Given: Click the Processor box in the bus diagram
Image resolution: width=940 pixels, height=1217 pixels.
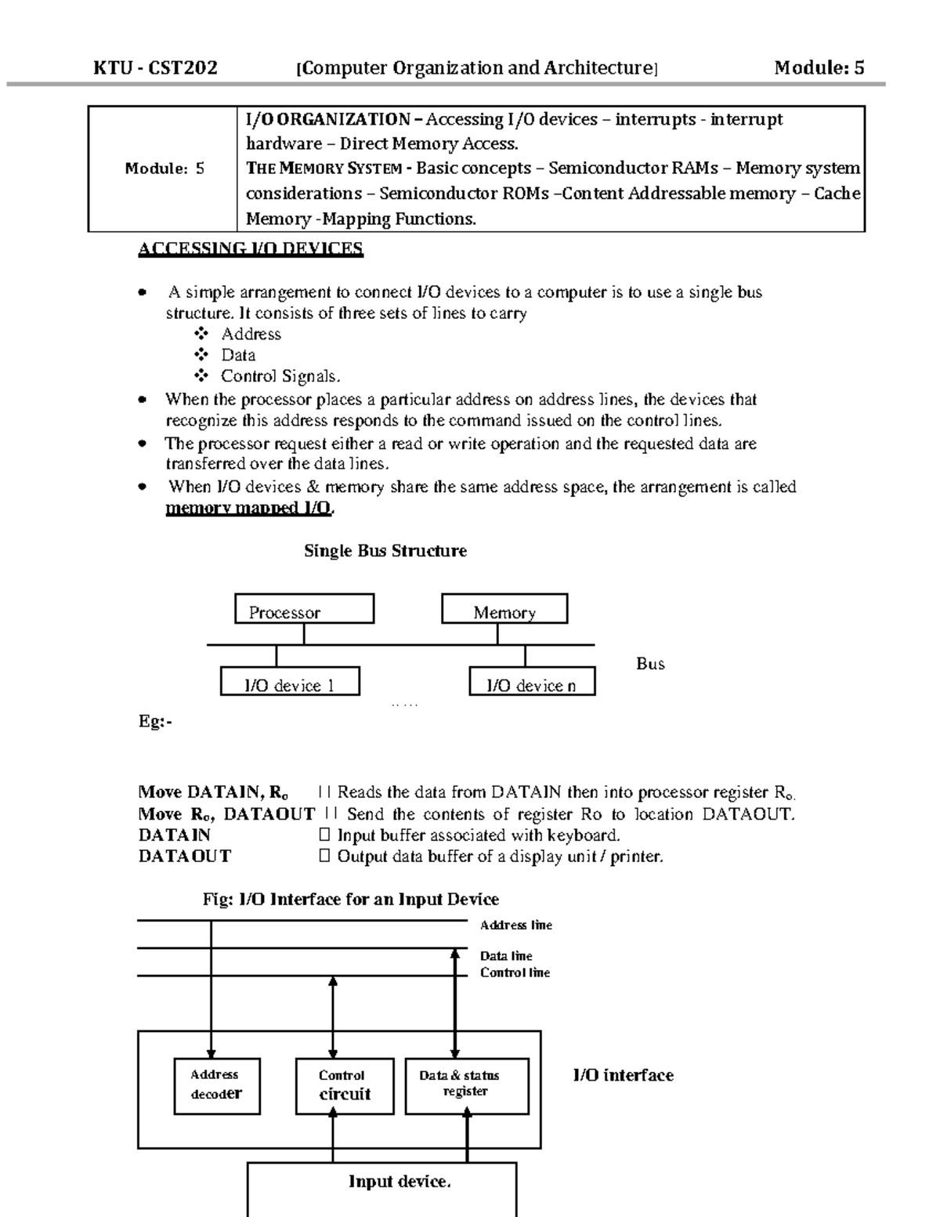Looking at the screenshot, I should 304,609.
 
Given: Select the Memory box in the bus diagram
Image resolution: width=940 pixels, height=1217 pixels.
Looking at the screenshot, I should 504,609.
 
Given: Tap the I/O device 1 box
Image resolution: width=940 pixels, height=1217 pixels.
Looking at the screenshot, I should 290,682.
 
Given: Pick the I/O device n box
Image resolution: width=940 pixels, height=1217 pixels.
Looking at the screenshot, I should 532,682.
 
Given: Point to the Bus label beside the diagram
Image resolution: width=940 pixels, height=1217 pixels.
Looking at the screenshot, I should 650,664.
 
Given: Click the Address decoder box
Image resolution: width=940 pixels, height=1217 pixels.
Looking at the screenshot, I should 216,1085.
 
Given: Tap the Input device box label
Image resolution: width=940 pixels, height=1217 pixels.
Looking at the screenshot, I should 399,1181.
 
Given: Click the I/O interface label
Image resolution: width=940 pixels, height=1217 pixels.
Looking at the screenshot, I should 623,1075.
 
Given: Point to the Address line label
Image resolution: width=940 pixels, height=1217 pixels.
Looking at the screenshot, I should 515,925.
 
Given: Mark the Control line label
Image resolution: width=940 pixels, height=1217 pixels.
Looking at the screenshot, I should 515,973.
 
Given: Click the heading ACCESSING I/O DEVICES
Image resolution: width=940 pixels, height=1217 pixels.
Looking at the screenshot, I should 250,249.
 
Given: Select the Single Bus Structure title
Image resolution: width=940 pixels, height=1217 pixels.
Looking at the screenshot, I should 385,551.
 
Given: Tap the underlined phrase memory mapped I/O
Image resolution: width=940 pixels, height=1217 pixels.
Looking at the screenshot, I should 249,509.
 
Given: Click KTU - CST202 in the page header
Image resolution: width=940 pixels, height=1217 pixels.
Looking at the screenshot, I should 155,67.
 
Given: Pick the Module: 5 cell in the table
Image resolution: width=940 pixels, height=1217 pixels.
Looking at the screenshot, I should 164,168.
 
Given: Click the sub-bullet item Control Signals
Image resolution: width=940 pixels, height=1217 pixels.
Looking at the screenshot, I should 280,376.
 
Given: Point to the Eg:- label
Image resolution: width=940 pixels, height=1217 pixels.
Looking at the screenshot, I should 155,722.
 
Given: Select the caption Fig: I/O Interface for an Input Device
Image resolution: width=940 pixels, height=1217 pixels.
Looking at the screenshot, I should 350,899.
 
